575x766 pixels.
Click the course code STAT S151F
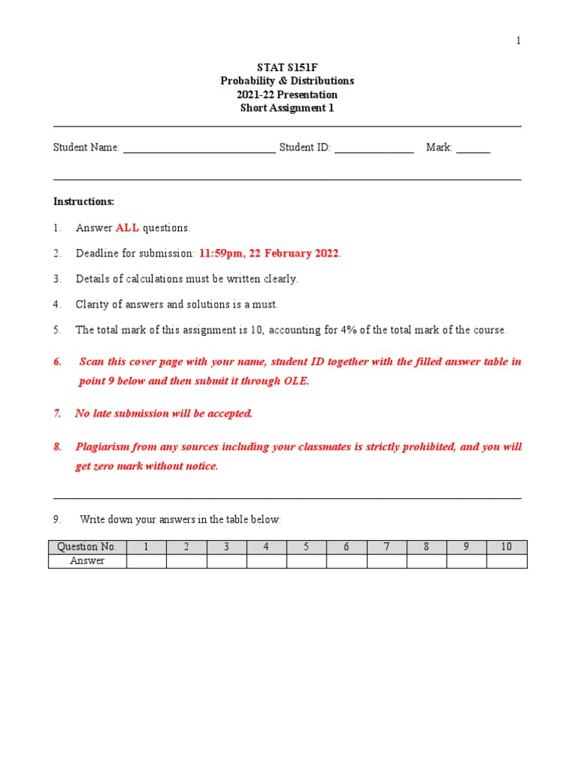click(287, 67)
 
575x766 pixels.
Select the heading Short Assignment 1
click(287, 108)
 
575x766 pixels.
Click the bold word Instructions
click(84, 201)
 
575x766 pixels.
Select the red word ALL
click(127, 227)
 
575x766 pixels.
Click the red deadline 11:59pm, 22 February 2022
click(269, 254)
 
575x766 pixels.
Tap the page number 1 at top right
click(518, 41)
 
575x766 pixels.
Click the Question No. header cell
click(88, 547)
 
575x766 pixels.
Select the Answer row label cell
click(88, 561)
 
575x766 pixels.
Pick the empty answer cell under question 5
click(306, 561)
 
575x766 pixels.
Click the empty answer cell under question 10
click(507, 561)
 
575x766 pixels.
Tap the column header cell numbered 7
click(386, 547)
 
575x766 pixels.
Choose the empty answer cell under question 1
click(146, 561)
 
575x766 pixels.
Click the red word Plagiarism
click(102, 447)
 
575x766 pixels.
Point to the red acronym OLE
click(295, 381)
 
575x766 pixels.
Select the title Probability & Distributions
click(287, 81)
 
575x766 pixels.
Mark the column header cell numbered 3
click(226, 547)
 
